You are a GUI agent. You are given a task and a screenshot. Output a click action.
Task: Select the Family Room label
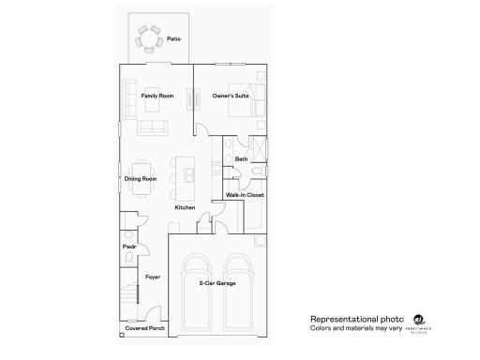[x=157, y=97]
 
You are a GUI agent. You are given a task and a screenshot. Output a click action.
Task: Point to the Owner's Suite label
[x=230, y=97]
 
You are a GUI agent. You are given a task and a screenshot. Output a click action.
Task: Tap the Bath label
[x=241, y=159]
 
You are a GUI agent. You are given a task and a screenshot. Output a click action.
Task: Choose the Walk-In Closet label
[x=245, y=195]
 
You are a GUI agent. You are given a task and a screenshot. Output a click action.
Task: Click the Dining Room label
[x=141, y=178]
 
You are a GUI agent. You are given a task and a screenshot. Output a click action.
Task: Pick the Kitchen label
[x=184, y=208]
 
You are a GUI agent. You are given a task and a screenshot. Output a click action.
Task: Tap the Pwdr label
[x=129, y=247]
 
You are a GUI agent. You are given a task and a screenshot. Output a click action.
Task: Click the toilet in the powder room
[x=127, y=233]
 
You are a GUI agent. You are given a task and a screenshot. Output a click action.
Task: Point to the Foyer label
[x=153, y=277]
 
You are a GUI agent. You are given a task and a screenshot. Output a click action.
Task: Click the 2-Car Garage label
[x=217, y=282]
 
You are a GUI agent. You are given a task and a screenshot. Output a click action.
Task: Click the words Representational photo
[x=350, y=319]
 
